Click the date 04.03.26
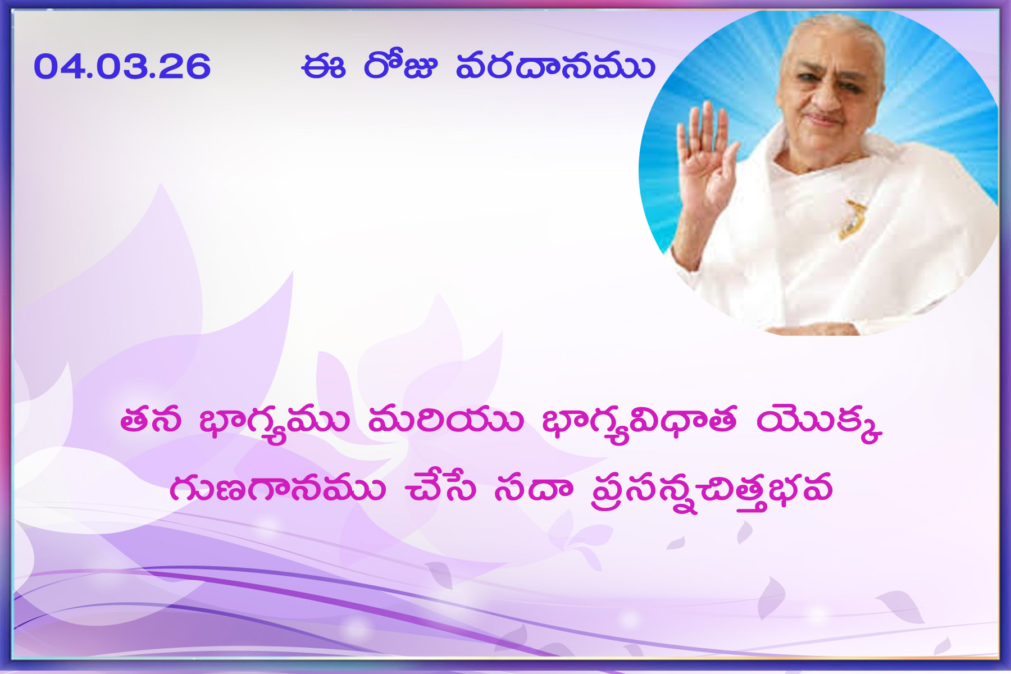122,67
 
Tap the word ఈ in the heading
323,67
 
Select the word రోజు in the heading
400,65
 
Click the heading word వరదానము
555,67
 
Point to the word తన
151,421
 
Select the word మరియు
445,421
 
